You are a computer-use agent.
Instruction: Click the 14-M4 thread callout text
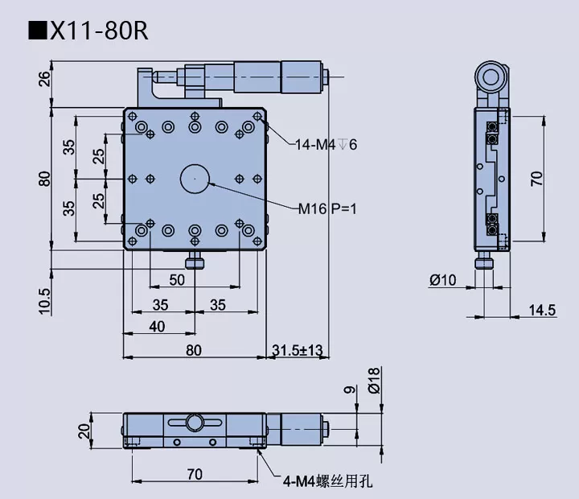(326, 145)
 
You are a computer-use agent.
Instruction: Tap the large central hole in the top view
(195, 178)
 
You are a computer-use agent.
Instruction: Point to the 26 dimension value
(44, 79)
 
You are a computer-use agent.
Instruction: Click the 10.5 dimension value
(44, 300)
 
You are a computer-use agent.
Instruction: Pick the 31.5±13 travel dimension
(297, 350)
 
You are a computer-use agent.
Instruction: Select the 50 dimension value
(177, 279)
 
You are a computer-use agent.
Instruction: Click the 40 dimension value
(157, 326)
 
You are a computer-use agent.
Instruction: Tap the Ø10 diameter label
(442, 280)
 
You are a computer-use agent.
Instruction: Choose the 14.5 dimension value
(542, 310)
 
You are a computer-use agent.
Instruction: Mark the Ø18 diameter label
(373, 380)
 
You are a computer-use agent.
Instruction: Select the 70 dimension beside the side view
(536, 178)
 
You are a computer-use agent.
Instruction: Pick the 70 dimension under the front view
(194, 474)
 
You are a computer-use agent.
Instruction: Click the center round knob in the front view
(194, 422)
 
